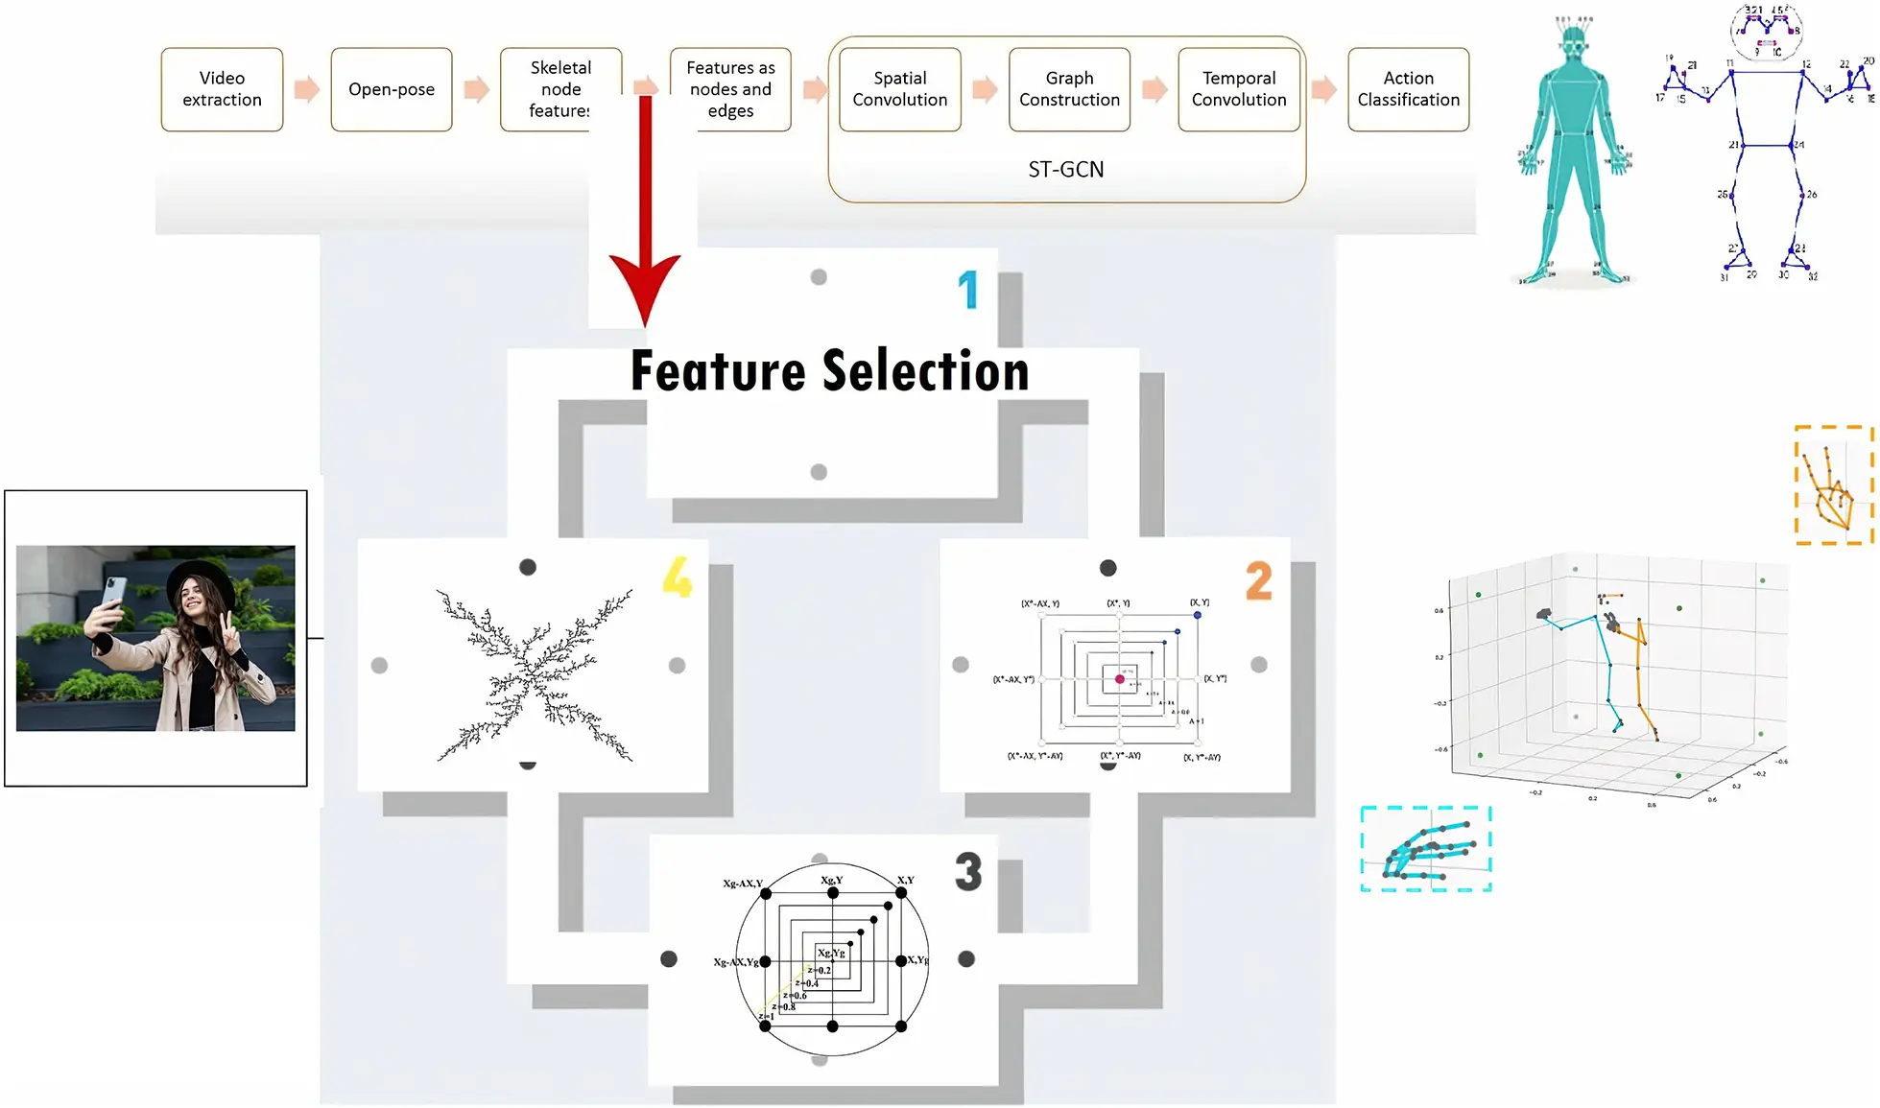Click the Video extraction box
[x=222, y=89]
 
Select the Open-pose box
[x=391, y=89]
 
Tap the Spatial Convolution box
[x=899, y=89]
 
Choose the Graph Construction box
[x=1069, y=89]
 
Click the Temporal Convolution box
[x=1239, y=89]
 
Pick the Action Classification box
[x=1408, y=89]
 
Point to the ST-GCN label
[x=1065, y=170]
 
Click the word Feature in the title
[x=717, y=371]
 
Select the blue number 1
[x=968, y=290]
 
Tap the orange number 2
[x=1258, y=581]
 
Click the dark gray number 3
[x=968, y=872]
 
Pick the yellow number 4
[x=677, y=578]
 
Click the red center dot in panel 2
[x=1119, y=679]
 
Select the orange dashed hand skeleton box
[x=1833, y=485]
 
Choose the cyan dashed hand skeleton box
[x=1425, y=849]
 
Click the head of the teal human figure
[x=1572, y=42]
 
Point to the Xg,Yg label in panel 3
[x=831, y=953]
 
